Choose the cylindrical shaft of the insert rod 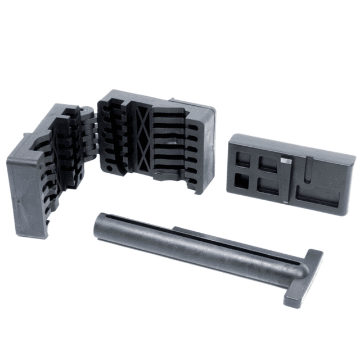click(x=186, y=245)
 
